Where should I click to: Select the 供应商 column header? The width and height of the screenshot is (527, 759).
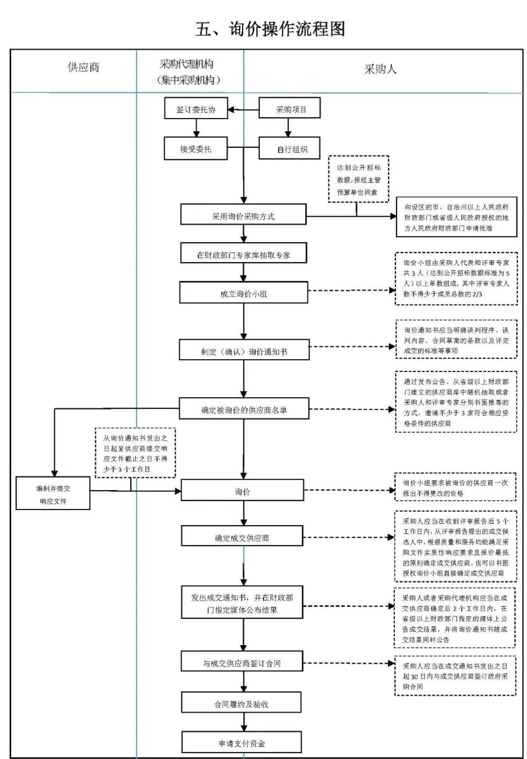click(83, 67)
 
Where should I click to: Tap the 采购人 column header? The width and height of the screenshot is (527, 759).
click(380, 69)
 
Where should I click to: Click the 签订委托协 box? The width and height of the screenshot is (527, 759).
click(196, 110)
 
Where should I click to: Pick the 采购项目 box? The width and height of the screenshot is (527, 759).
click(289, 109)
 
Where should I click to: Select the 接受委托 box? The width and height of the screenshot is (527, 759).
click(196, 149)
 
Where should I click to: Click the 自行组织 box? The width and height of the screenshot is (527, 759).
click(289, 149)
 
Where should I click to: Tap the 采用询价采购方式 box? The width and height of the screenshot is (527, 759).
click(243, 216)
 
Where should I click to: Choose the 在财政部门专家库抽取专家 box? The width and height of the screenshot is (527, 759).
click(243, 254)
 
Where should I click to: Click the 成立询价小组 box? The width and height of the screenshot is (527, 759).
click(243, 294)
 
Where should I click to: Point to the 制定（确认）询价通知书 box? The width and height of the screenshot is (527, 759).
click(244, 351)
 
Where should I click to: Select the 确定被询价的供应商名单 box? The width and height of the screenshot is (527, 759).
click(244, 410)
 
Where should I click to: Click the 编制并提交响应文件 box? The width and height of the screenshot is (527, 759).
click(53, 494)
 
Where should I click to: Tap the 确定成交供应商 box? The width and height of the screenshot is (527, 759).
click(242, 537)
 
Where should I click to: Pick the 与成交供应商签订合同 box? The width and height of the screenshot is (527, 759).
click(242, 663)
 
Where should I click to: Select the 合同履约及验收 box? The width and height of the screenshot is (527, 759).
click(242, 704)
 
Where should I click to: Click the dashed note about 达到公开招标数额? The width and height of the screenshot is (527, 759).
click(358, 179)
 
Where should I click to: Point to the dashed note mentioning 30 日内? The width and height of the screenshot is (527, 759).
click(455, 676)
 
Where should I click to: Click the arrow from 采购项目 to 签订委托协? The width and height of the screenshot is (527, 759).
click(243, 110)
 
